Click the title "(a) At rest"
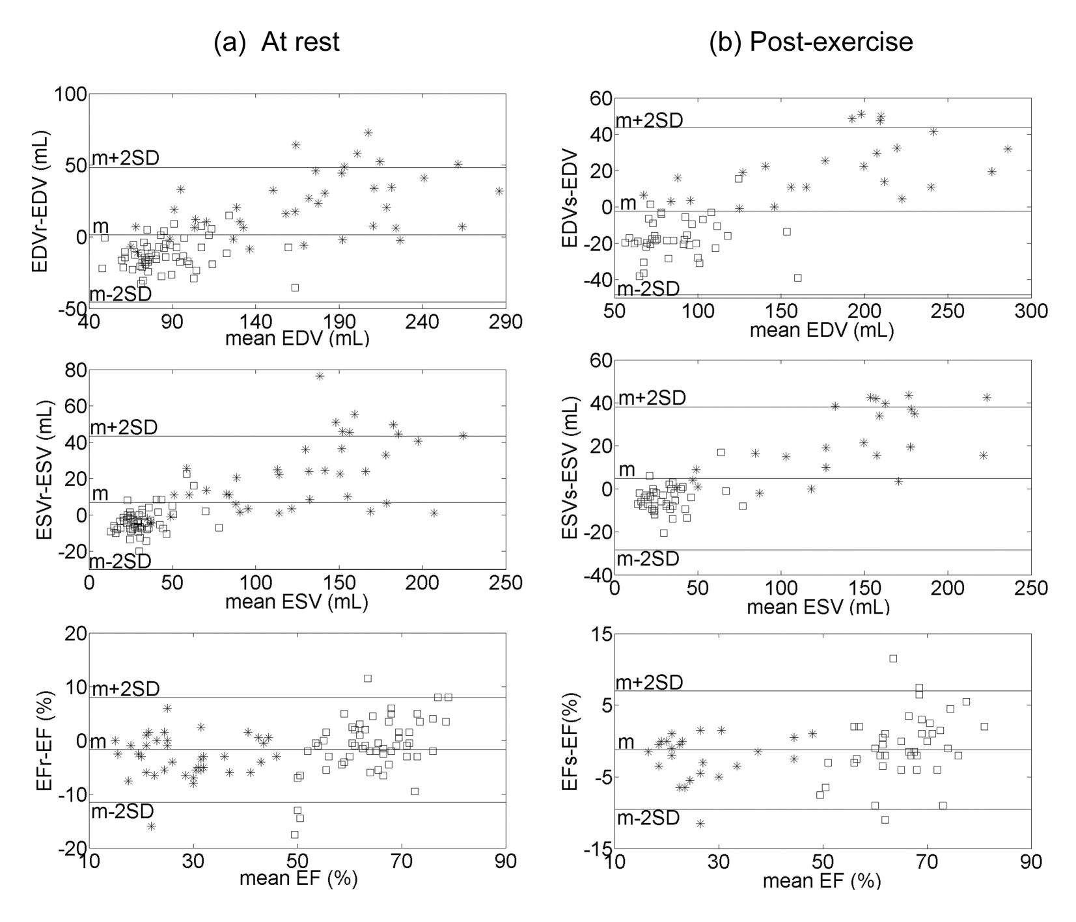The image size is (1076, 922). click(x=277, y=42)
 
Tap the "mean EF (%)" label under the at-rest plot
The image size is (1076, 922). click(x=298, y=878)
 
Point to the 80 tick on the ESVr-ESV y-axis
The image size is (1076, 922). click(x=72, y=370)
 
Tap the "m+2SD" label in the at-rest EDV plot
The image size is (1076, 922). click(x=126, y=158)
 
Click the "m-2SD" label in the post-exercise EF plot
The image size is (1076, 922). click(x=648, y=819)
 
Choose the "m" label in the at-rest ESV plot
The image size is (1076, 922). click(x=100, y=493)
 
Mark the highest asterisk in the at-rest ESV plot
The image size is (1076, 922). click(x=320, y=376)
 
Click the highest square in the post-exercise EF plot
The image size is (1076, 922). click(x=893, y=658)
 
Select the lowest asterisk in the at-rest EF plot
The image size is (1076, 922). click(x=151, y=826)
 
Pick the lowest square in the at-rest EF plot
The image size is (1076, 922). click(x=294, y=835)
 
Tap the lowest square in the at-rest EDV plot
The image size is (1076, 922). click(x=295, y=287)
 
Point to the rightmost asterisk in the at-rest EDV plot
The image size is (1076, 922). click(x=499, y=191)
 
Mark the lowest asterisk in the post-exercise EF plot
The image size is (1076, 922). click(x=700, y=824)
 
